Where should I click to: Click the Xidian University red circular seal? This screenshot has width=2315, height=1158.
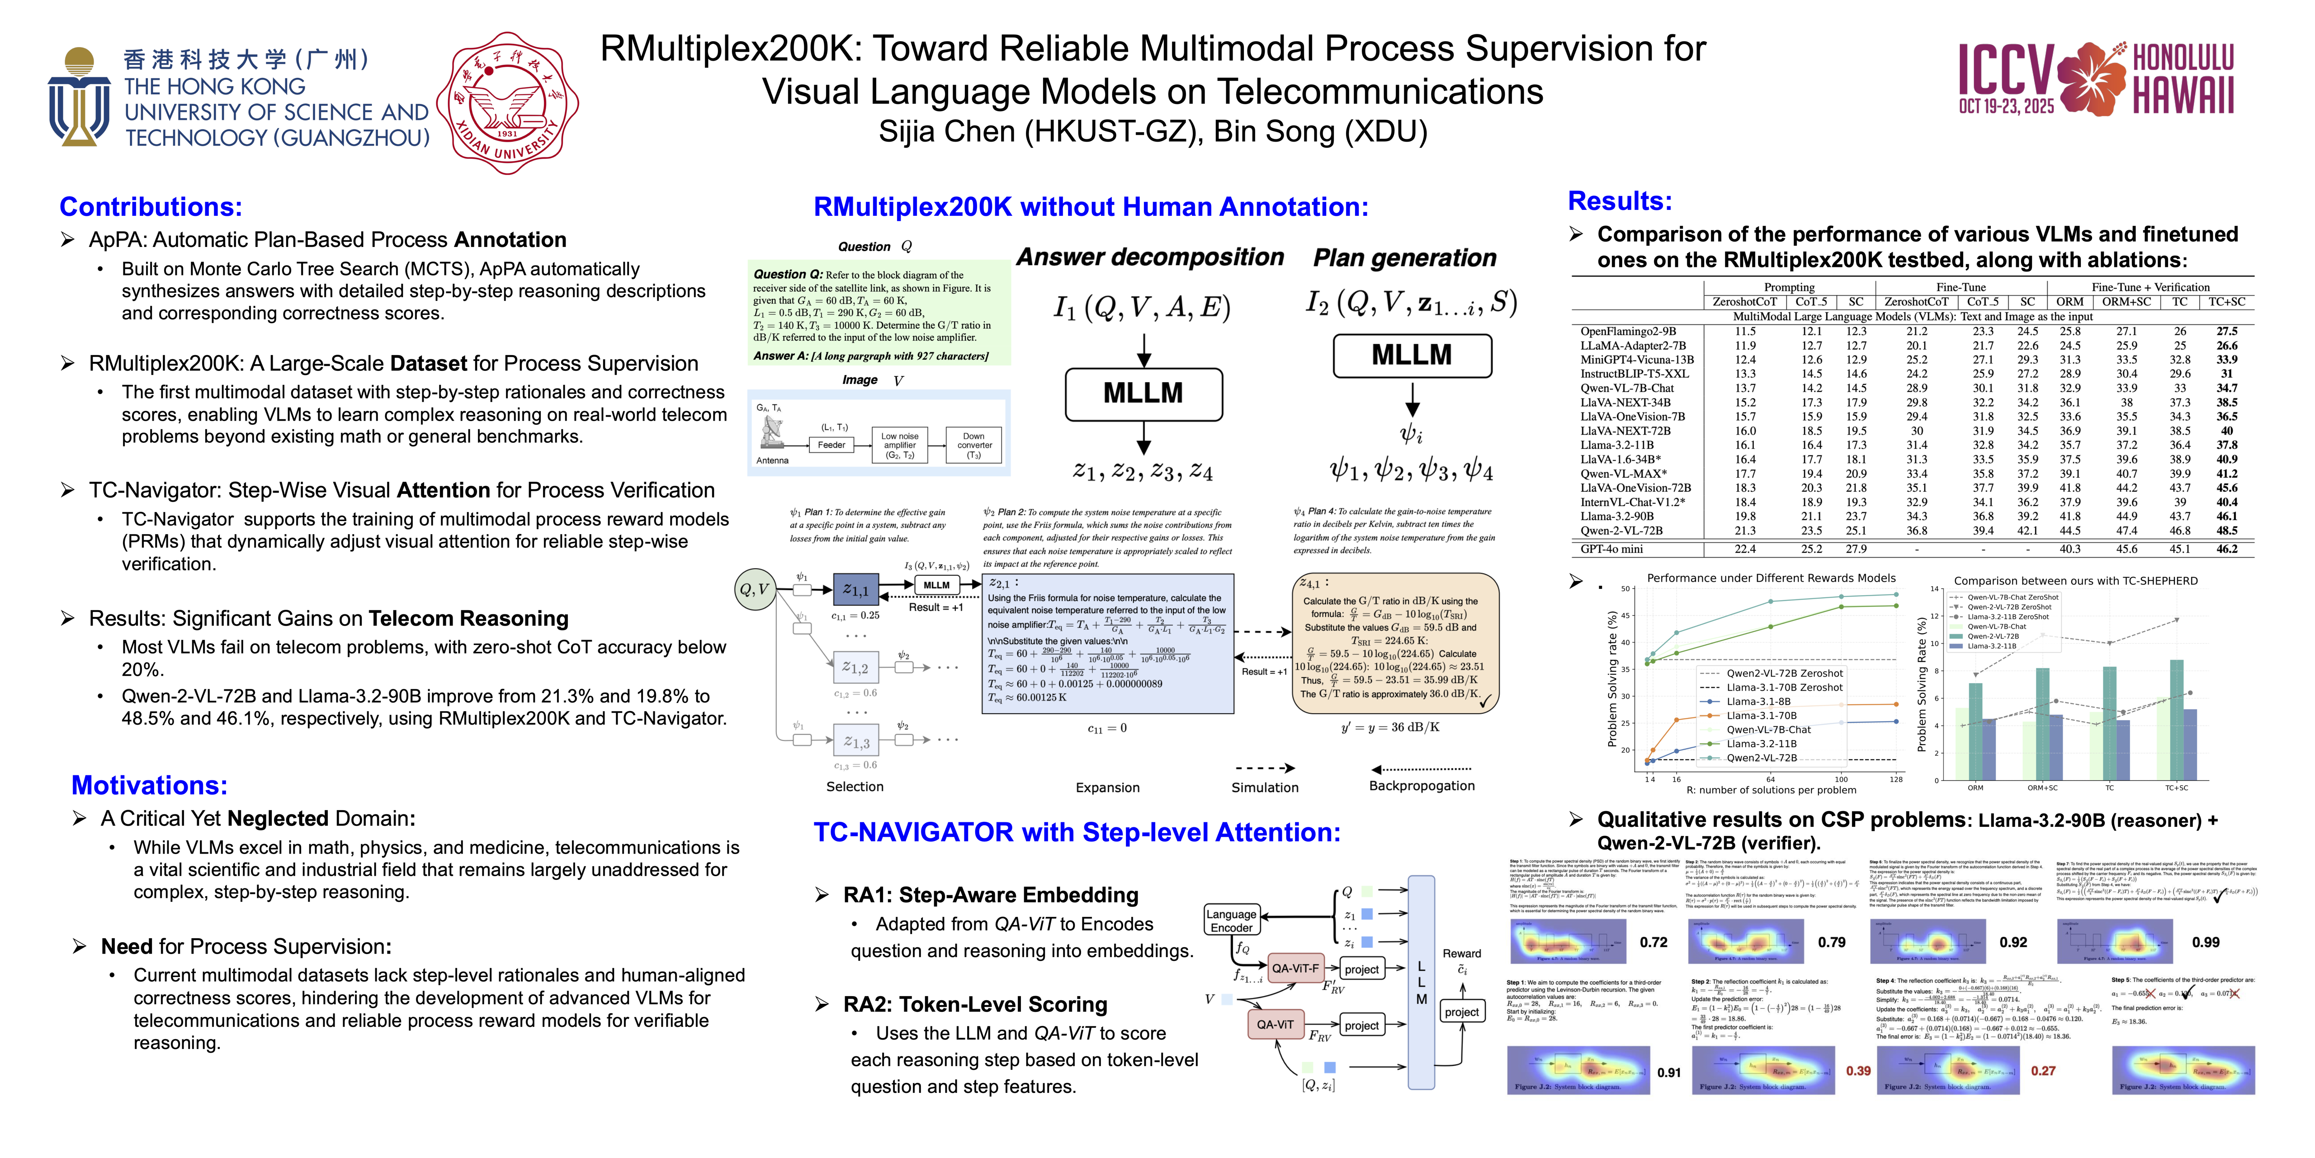click(x=508, y=102)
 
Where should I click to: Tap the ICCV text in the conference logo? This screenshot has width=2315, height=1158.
click(x=2006, y=72)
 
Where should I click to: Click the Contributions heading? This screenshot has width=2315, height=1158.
click(x=151, y=207)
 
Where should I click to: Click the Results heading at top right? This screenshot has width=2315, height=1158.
click(x=1620, y=200)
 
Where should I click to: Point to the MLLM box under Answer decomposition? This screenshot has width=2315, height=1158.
click(x=1143, y=394)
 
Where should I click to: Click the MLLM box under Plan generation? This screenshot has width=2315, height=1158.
click(x=1411, y=355)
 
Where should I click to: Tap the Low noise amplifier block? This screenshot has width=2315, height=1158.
click(x=900, y=445)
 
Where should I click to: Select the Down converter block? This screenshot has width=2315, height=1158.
click(x=974, y=445)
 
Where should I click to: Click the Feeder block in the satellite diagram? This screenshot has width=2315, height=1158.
click(x=832, y=445)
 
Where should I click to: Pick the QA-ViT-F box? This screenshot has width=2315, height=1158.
click(x=1295, y=968)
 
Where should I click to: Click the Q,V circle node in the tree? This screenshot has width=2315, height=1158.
click(x=754, y=590)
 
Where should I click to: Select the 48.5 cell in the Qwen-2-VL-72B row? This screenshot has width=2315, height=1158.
click(x=2227, y=531)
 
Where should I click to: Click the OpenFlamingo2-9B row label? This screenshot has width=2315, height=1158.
click(x=1628, y=331)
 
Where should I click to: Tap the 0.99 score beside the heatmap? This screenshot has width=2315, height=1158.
click(x=2206, y=942)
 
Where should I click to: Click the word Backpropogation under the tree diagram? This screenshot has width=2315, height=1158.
click(x=1422, y=786)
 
